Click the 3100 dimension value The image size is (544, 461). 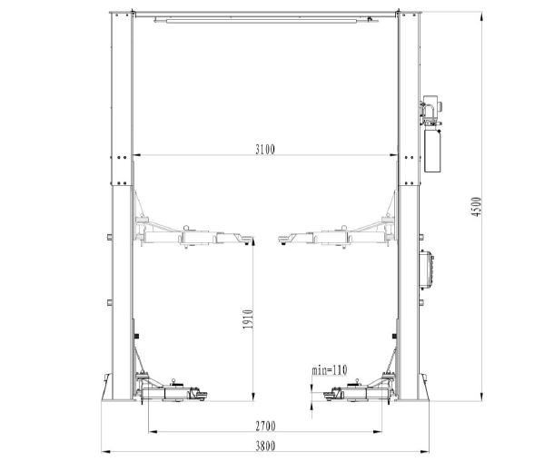pyautogui.click(x=265, y=150)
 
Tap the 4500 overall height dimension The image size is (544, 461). pyautogui.click(x=477, y=207)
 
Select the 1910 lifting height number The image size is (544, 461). pyautogui.click(x=248, y=319)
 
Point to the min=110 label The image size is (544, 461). pyautogui.click(x=330, y=370)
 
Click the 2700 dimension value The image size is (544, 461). pyautogui.click(x=265, y=426)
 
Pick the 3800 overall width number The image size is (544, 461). pyautogui.click(x=265, y=446)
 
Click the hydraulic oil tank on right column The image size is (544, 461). pyautogui.click(x=432, y=151)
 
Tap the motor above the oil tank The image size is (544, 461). pyautogui.click(x=430, y=109)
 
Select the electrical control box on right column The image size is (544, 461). pyautogui.click(x=426, y=270)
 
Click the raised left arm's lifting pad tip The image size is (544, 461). pyautogui.click(x=247, y=240)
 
